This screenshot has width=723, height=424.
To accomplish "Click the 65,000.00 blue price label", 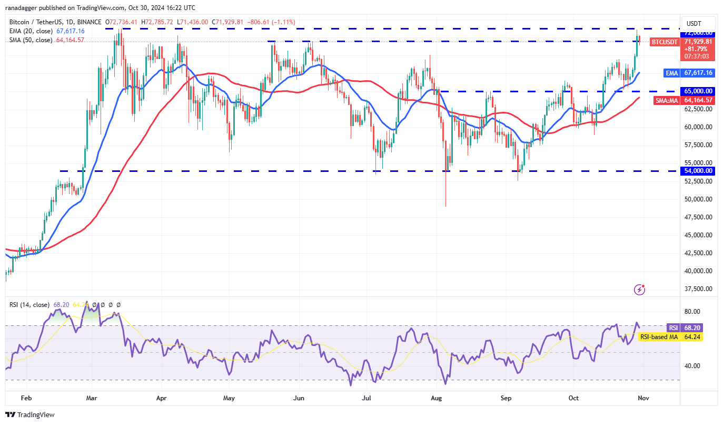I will tap(699, 91).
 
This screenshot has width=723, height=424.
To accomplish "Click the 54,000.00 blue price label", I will tap(699, 171).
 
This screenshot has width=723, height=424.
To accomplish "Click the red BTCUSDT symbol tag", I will tap(664, 42).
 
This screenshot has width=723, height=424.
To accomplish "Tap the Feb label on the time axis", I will tap(27, 398).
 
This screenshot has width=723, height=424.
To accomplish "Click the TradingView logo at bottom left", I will tap(30, 415).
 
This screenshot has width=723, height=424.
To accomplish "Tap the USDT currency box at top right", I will tap(698, 24).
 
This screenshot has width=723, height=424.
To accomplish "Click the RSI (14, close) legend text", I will tap(29, 305).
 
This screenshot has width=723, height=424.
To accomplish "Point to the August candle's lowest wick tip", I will tap(446, 206).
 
